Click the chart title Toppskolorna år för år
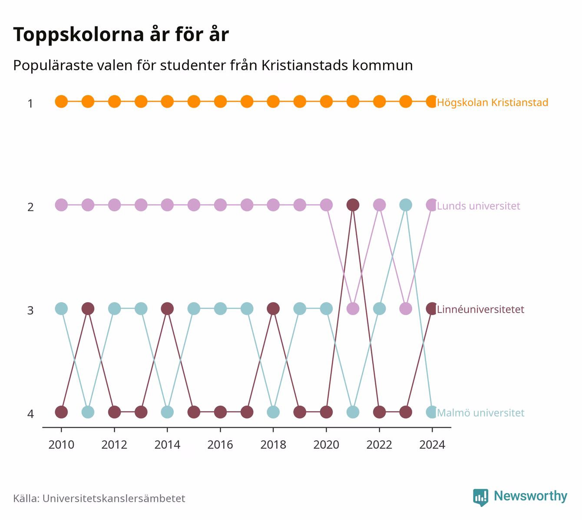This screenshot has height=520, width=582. point(121,34)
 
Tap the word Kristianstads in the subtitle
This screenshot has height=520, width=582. point(305,66)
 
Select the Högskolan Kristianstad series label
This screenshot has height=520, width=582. point(493,102)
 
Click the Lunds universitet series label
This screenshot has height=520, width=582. point(478,206)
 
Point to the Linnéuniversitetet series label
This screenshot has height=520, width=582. point(480,309)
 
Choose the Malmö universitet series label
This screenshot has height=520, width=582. point(481,413)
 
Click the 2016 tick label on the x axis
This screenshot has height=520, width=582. point(220,445)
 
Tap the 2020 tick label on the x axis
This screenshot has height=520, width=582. point(326,445)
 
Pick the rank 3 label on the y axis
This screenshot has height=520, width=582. point(30,310)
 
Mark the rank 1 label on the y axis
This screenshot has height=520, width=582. point(30,103)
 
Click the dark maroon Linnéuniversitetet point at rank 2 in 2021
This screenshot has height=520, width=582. point(353,205)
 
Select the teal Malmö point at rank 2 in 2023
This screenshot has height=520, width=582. point(406,205)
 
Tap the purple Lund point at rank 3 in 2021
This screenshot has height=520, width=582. point(353,309)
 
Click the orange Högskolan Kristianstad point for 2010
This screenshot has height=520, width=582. point(61,102)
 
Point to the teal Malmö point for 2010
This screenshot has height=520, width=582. point(61,309)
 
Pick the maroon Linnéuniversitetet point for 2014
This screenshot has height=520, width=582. point(167,309)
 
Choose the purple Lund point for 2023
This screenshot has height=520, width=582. point(406,309)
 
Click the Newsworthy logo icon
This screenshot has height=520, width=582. point(481,497)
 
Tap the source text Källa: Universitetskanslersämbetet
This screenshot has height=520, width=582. point(99,498)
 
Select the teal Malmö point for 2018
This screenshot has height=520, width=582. point(273,412)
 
